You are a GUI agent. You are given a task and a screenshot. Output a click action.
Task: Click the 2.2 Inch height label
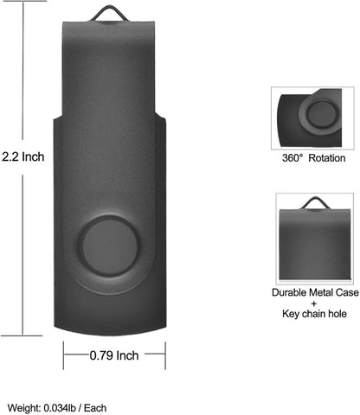[x=22, y=157]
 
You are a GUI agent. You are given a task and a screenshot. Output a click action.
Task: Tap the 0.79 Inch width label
[x=114, y=354]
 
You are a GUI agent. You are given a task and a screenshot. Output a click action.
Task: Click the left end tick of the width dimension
[x=63, y=354]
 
